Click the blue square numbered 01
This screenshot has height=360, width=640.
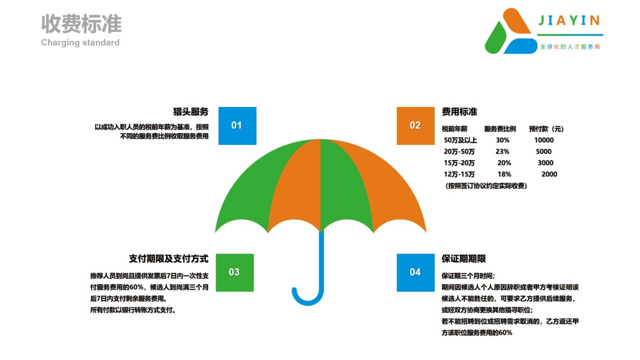(237, 126)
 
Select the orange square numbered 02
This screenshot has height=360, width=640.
(416, 126)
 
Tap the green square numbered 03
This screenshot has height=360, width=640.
(234, 272)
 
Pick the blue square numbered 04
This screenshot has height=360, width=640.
(416, 272)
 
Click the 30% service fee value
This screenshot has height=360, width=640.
(503, 140)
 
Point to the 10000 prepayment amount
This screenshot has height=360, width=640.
(544, 140)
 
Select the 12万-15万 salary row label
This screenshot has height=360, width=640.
(459, 174)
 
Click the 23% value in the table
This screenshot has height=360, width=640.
(503, 151)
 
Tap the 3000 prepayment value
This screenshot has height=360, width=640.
(545, 163)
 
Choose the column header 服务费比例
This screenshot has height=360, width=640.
(500, 129)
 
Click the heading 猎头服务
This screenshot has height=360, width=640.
(191, 111)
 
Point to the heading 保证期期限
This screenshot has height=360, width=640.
(463, 259)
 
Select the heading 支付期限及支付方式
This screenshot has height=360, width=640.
(168, 259)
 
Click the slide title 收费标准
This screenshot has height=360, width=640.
(81, 24)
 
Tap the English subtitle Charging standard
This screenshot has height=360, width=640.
(80, 42)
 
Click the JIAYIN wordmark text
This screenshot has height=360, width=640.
(569, 20)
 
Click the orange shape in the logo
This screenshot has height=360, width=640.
(516, 21)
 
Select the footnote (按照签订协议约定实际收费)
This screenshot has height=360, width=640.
(486, 186)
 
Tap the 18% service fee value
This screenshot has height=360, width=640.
(504, 174)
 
